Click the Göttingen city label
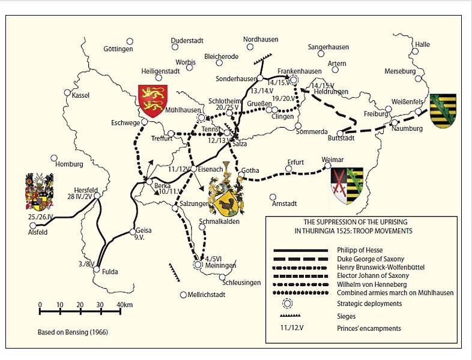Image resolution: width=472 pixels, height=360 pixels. coord(118,49)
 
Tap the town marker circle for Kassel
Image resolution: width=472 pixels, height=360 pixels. coord(68,93)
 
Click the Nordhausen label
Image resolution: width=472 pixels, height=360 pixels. coord(261,39)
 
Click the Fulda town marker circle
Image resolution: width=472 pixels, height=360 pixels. coord(96,270)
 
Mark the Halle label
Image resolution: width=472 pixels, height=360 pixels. coord(422,44)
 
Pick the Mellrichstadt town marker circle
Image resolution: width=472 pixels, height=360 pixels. coord(184,295)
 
